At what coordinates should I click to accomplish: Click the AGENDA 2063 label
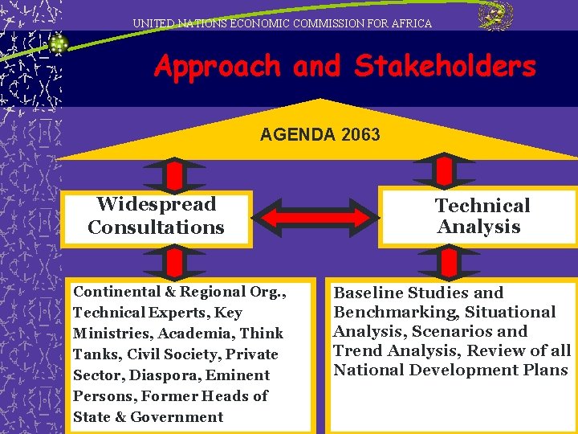320,134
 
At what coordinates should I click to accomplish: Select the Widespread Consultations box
157,216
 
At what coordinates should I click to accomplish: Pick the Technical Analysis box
480,216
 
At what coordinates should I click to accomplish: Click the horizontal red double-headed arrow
316,217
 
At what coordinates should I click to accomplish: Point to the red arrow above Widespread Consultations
173,174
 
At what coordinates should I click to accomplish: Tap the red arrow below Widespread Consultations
173,261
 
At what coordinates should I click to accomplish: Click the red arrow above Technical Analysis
447,170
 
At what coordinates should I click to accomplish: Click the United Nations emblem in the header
495,16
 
